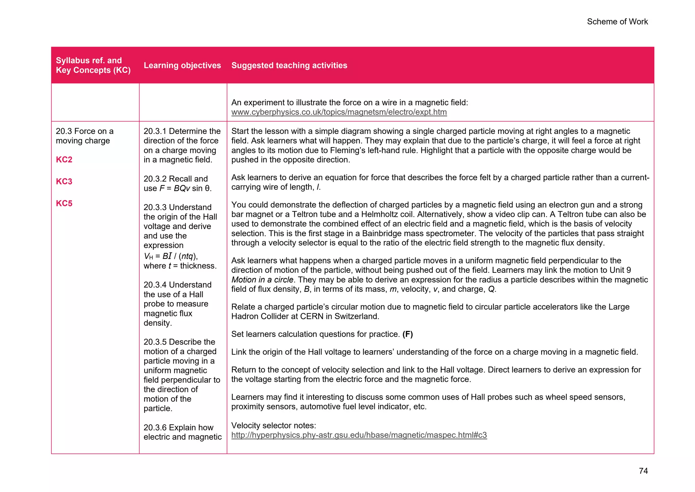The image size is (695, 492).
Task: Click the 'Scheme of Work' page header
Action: point(617,22)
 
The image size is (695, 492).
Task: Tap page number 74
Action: point(643,471)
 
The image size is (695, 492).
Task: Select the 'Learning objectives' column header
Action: point(182,65)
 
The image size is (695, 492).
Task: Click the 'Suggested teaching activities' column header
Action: point(289,65)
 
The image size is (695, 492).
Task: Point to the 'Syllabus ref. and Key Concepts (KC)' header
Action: point(93,65)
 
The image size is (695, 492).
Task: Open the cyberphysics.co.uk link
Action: point(339,112)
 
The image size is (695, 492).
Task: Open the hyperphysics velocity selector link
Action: point(359,435)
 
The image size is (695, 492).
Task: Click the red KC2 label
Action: point(64,160)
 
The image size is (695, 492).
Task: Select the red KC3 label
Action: point(64,181)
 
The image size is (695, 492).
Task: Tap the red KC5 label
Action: point(64,204)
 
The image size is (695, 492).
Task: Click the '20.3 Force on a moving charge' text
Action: point(84,136)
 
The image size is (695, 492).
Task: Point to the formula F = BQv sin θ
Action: point(185,189)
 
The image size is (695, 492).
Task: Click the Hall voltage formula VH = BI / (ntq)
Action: point(171,256)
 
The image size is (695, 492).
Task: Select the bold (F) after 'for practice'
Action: point(408,334)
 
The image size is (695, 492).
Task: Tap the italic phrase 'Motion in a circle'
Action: point(262,280)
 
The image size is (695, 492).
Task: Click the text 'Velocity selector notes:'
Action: point(274,426)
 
